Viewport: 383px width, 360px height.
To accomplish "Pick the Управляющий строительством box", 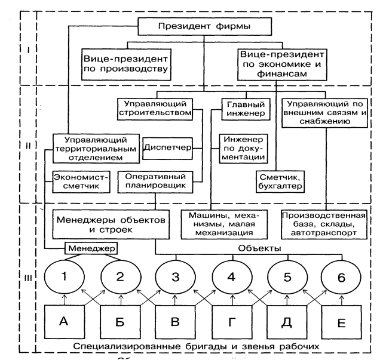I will coord(154,107).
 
